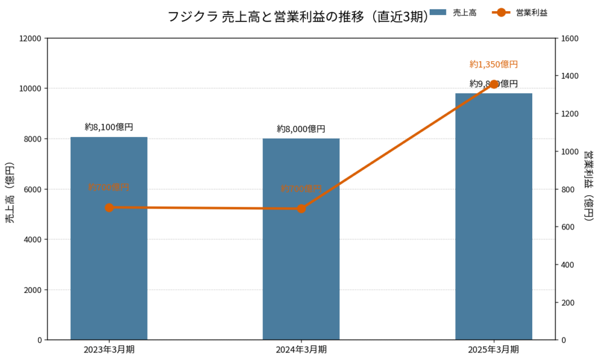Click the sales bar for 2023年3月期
(109, 262)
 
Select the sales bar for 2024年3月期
(301, 262)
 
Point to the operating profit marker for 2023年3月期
(109, 207)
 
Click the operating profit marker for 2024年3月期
(301, 209)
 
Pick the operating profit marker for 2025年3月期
(494, 84)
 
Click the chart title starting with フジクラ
(298, 16)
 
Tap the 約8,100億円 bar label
(109, 126)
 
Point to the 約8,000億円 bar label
(301, 129)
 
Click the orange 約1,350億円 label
(494, 64)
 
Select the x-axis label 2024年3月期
(301, 350)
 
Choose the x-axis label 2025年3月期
(494, 350)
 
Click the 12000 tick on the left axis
(31, 38)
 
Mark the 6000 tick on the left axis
(33, 189)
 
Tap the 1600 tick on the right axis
(570, 38)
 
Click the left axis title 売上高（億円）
(10, 189)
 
